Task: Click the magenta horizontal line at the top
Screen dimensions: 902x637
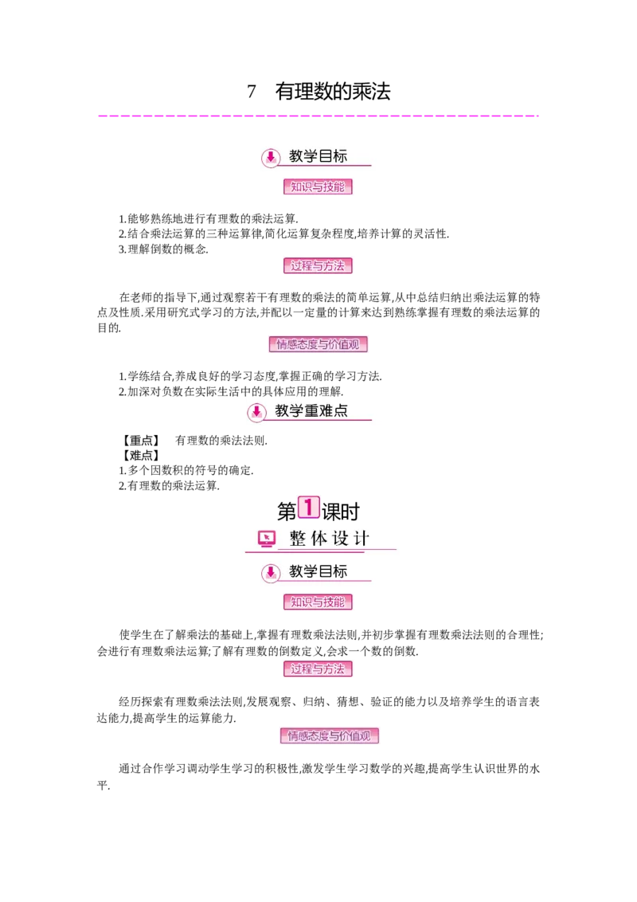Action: (x=318, y=118)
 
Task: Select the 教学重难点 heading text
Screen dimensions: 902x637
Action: (x=311, y=411)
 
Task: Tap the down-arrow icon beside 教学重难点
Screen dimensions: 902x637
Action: (x=256, y=412)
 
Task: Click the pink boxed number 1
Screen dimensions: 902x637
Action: (x=308, y=507)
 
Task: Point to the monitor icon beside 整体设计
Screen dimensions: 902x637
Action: (x=267, y=539)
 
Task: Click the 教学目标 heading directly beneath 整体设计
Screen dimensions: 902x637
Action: (x=318, y=571)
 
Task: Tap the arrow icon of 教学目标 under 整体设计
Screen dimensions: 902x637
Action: (x=270, y=572)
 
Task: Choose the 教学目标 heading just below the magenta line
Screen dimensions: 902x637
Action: (x=318, y=156)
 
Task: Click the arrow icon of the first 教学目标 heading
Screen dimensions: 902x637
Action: (x=270, y=157)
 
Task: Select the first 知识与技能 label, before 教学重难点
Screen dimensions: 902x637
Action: (x=318, y=187)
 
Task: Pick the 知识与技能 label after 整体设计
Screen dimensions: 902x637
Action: (x=318, y=602)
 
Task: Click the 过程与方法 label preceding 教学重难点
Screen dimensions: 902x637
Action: (x=318, y=266)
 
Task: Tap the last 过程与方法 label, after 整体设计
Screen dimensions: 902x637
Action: (x=318, y=669)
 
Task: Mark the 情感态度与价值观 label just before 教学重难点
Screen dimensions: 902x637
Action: (x=318, y=345)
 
